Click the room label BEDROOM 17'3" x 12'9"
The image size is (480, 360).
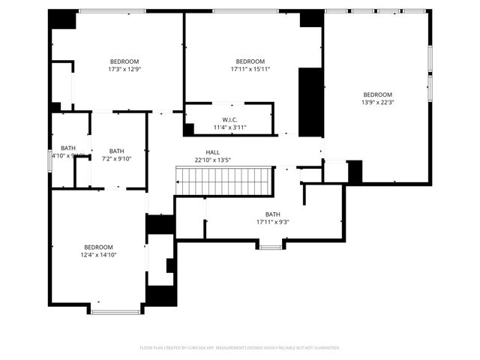124,61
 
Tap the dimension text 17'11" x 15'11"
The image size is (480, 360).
250,69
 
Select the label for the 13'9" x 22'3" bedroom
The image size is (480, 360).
377,94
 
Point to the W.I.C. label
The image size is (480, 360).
229,120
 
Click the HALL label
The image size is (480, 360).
213,151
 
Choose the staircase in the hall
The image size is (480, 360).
223,181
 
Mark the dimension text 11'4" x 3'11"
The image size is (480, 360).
229,127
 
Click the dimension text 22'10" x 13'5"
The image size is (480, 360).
213,159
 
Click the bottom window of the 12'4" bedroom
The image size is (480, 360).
115,311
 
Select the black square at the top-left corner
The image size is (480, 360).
63,19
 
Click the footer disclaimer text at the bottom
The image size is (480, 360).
240,348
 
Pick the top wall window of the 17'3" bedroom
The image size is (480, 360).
112,10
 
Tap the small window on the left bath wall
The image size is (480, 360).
49,160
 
